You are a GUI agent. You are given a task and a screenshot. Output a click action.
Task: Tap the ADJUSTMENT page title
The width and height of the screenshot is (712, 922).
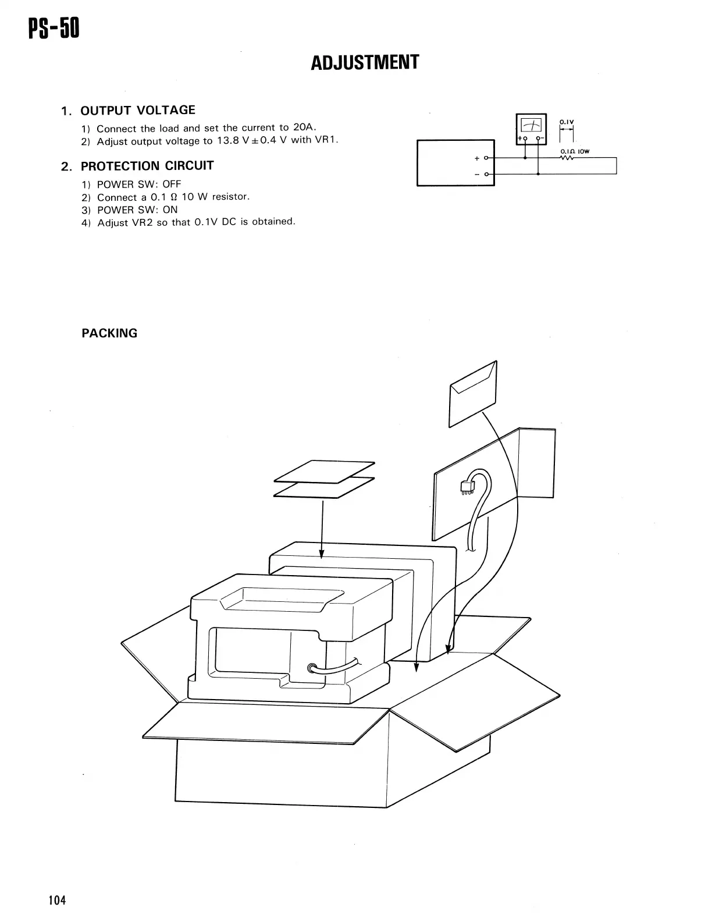tap(365, 63)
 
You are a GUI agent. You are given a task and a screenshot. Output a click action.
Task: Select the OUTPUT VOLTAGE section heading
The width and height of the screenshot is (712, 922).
tap(137, 111)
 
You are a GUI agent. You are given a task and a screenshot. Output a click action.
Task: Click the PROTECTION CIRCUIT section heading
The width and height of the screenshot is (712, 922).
tap(147, 166)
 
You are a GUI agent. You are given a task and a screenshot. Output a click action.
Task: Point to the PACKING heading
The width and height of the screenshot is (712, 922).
tap(109, 334)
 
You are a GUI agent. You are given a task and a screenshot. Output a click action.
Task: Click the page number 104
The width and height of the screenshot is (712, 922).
tap(57, 900)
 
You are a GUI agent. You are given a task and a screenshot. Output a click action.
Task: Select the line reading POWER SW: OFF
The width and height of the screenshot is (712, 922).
tap(139, 184)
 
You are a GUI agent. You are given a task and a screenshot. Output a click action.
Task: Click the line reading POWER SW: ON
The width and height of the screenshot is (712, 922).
tap(137, 210)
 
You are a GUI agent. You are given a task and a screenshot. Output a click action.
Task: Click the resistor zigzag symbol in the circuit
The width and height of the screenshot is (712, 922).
tap(568, 158)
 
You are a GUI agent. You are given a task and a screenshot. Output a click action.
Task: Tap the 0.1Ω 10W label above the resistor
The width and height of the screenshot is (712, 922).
tap(575, 151)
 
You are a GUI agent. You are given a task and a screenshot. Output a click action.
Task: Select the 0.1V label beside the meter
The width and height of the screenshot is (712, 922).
tap(567, 122)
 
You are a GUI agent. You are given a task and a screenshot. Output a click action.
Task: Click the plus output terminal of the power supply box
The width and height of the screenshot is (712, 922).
tap(487, 158)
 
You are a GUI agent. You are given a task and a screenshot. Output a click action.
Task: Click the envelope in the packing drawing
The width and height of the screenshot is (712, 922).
tap(472, 394)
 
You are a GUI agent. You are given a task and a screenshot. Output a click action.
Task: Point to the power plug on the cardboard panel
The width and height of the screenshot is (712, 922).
tap(466, 487)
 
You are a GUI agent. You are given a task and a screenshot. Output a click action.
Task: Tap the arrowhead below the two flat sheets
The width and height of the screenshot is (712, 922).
tap(322, 554)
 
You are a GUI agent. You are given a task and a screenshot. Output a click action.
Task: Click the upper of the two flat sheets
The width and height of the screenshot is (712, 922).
tap(325, 471)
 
